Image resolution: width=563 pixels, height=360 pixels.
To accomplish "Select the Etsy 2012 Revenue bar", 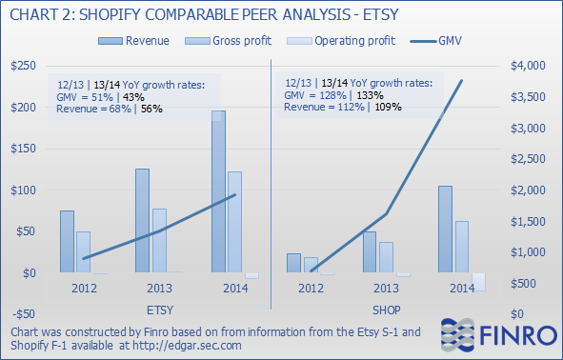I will click(x=67, y=242).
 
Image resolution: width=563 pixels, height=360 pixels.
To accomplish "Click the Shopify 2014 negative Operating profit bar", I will click(x=478, y=282).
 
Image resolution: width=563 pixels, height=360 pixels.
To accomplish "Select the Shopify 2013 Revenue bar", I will click(x=370, y=252).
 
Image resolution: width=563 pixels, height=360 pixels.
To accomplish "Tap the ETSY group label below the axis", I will click(x=160, y=310).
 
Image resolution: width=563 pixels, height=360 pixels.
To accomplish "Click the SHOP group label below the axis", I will click(x=385, y=310).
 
